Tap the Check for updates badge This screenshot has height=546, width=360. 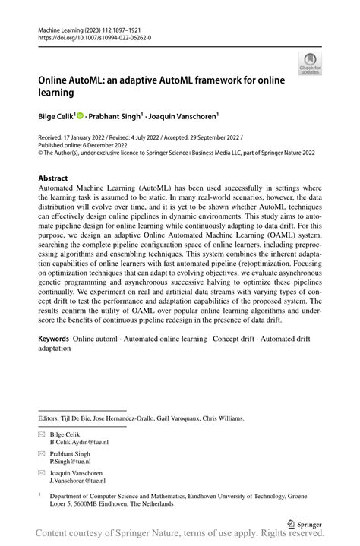click(309, 63)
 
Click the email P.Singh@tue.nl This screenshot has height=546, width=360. click(71, 461)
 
